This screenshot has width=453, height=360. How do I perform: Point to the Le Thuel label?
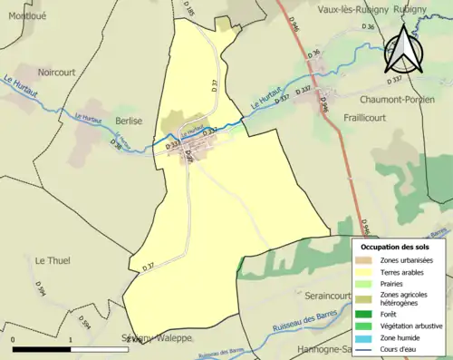pos(53,260)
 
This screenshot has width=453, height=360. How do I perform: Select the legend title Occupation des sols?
pos(397,247)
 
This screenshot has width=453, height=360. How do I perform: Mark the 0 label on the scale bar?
pos(14,341)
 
